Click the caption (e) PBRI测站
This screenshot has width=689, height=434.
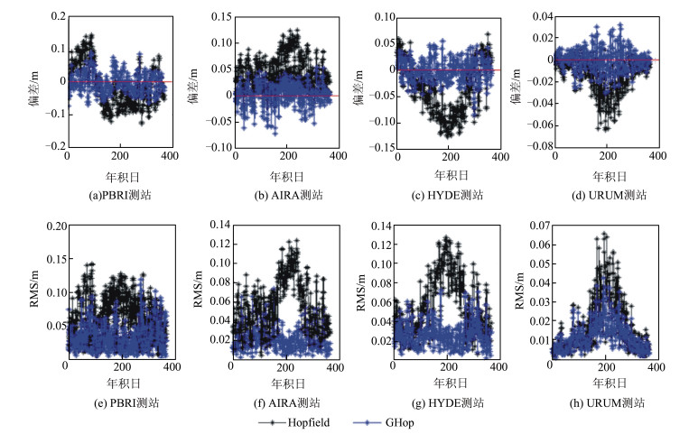point(116,402)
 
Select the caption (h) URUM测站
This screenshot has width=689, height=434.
point(604,402)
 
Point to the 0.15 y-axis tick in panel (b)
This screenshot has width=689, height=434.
point(219,17)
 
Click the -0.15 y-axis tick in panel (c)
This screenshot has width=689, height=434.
point(379,146)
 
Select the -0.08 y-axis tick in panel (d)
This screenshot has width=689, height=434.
point(539,146)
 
